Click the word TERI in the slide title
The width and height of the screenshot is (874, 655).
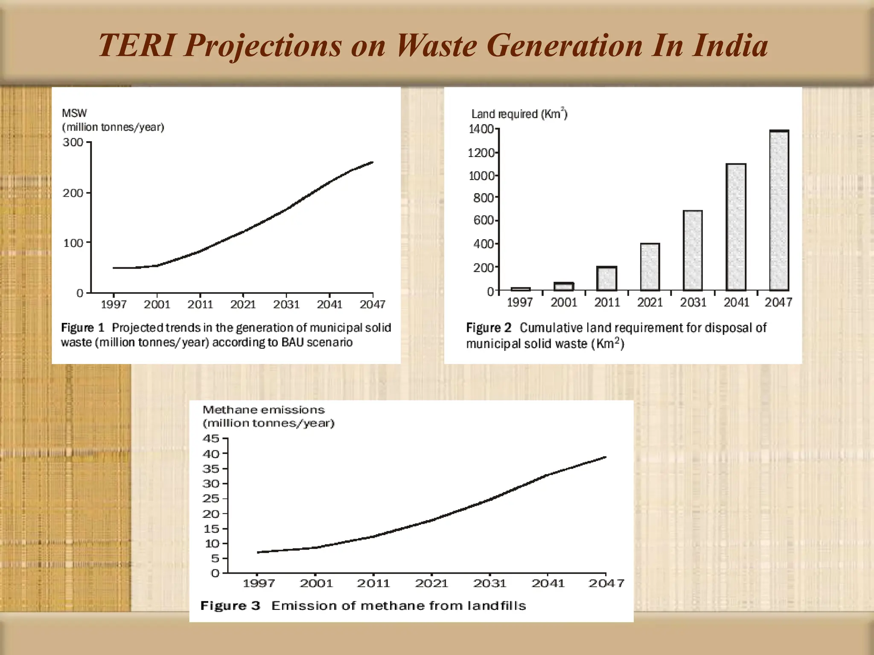click(137, 45)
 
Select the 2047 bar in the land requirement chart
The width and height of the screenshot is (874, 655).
click(779, 211)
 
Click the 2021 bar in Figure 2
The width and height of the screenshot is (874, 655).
click(650, 267)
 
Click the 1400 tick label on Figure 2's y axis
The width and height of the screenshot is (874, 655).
click(481, 129)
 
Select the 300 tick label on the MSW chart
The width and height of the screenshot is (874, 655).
click(73, 142)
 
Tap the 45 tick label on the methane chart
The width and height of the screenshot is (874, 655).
click(211, 438)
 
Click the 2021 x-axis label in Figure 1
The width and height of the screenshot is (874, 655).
click(243, 304)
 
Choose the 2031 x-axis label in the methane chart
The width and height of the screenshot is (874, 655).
click(489, 583)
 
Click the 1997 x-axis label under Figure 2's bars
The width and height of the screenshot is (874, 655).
click(520, 302)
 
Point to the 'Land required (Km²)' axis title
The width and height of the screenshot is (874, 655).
click(519, 114)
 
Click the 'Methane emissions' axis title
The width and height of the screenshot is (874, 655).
click(263, 410)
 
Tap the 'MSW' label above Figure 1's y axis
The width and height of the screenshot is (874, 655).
click(74, 113)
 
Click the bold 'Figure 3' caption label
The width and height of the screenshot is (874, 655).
click(230, 606)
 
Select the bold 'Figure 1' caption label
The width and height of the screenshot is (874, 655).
click(82, 327)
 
